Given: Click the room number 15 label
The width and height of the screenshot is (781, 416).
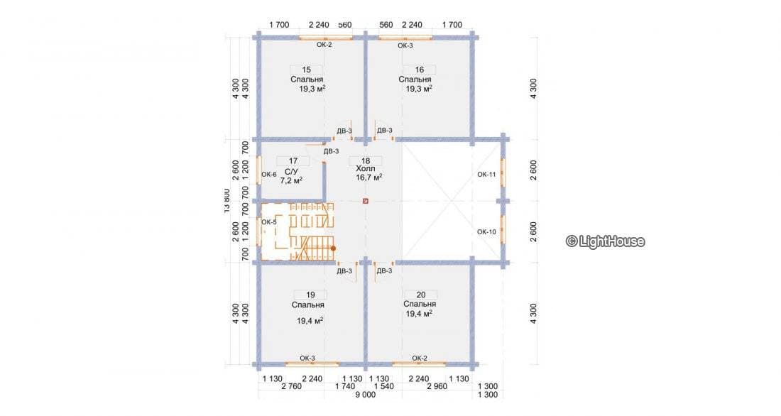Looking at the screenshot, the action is (306, 70).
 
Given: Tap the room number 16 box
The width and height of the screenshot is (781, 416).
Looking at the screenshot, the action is (420, 70).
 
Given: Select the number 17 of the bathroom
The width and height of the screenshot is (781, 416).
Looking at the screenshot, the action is (293, 161).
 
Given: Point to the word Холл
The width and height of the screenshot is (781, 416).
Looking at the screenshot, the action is (366, 169).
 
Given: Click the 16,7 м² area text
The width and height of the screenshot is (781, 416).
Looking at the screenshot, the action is (369, 177).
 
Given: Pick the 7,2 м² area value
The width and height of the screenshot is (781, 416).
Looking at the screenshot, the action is (291, 180).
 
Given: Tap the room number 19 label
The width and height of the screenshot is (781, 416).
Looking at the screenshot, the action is (310, 295).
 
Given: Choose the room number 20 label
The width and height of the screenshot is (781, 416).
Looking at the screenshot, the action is (421, 295).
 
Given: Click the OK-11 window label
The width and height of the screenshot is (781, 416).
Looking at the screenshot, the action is (486, 175).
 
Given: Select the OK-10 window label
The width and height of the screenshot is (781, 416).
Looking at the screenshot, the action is (486, 231).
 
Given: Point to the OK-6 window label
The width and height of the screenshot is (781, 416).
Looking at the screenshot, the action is (269, 175).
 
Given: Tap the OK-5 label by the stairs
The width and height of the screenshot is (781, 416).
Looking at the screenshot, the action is (269, 222).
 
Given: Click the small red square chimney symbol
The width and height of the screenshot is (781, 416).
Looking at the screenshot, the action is (366, 202).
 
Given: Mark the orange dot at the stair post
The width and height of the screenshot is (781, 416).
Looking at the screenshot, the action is (333, 248).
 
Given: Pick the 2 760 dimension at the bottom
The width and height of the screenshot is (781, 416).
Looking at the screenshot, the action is (291, 386).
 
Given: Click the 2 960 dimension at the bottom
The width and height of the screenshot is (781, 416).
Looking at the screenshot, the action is (437, 386).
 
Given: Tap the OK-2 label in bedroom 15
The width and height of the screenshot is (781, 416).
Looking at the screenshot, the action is (324, 44).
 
